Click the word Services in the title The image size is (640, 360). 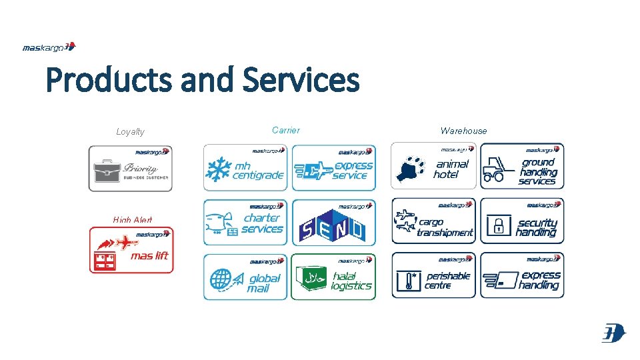pyautogui.click(x=301, y=81)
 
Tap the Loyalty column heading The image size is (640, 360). pyautogui.click(x=130, y=132)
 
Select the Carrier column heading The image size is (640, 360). pyautogui.click(x=286, y=131)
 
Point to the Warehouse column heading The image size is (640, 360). pyautogui.click(x=463, y=131)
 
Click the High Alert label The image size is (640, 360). pyautogui.click(x=133, y=220)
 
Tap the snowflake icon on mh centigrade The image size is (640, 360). pyautogui.click(x=218, y=170)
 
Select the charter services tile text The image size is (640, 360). pyautogui.click(x=262, y=223)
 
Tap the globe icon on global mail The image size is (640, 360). pyautogui.click(x=222, y=279)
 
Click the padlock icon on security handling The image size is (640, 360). pyautogui.click(x=497, y=225)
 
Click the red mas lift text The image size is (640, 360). pyautogui.click(x=150, y=255)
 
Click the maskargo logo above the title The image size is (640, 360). pyautogui.click(x=49, y=47)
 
